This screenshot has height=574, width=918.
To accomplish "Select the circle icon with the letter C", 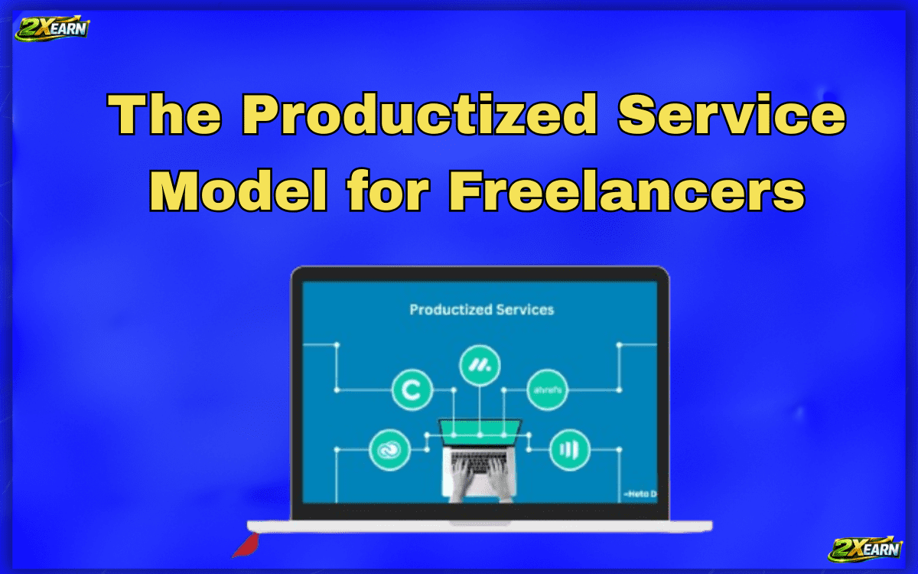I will point(412,391).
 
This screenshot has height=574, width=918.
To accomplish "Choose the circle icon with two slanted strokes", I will point(480,367).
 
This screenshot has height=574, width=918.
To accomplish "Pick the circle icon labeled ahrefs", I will point(548,391).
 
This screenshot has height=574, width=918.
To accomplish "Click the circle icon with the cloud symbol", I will point(389,450).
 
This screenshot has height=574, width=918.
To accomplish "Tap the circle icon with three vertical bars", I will point(569,448).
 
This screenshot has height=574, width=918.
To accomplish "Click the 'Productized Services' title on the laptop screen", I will point(481,310).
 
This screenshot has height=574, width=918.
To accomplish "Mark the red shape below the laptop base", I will point(246,544).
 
